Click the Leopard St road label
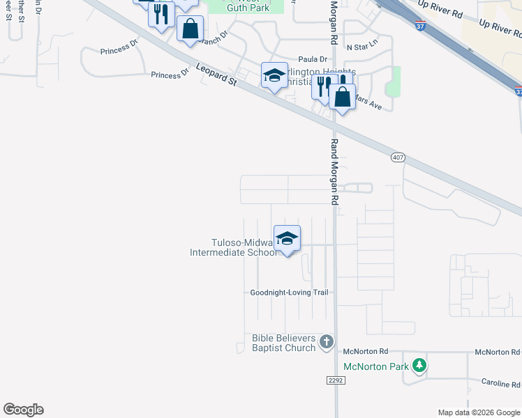pos(216,75)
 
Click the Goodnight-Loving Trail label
pos(289,293)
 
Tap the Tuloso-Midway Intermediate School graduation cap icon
pos(287,239)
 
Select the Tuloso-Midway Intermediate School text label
pos(235,248)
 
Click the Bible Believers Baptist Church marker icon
pos(327,341)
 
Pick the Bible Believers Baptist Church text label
pos(284,343)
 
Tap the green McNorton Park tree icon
pos(419,364)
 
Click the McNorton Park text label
pos(376,366)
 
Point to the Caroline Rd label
pos(500,383)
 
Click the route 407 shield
pos(397,158)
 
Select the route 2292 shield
pos(335,380)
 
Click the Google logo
pos(23,410)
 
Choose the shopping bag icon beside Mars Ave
pos(342,97)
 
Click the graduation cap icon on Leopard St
pos(274,75)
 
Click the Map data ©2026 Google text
pos(479,412)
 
